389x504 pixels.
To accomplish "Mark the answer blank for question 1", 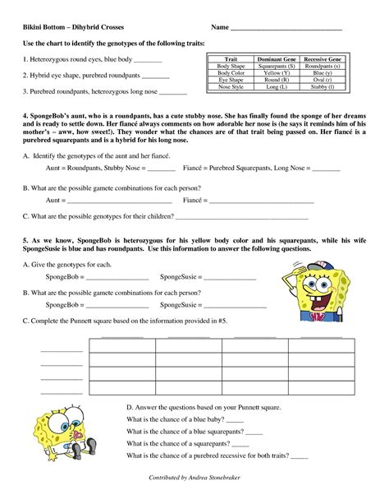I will pyautogui.click(x=148, y=62).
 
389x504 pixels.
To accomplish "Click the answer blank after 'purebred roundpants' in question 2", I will pyautogui.click(x=156, y=76).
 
